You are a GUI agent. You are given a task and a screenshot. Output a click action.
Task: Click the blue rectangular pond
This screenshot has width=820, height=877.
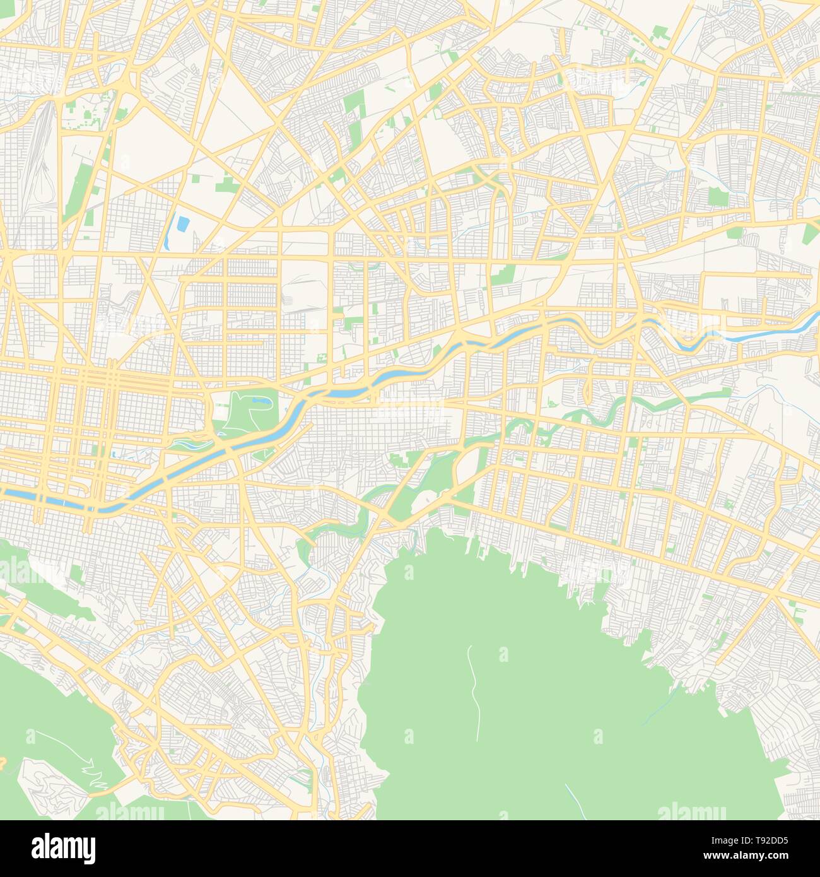pyautogui.click(x=183, y=223)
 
